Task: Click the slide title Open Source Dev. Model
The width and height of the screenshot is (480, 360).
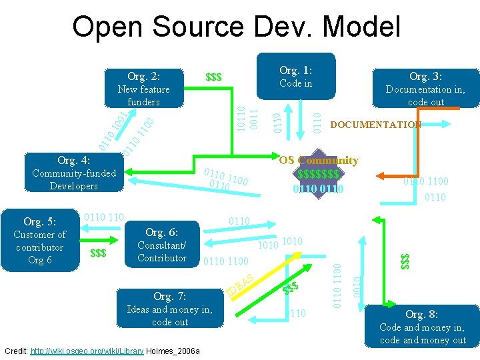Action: [237, 27]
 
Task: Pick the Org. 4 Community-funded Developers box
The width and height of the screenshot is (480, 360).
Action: [74, 173]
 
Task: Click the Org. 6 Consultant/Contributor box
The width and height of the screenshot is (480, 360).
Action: [162, 245]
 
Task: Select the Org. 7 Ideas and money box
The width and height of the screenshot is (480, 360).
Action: [170, 309]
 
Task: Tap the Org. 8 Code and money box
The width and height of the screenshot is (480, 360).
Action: [422, 326]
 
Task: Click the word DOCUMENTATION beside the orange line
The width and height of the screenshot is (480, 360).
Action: [376, 125]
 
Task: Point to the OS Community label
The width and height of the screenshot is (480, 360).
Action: [319, 160]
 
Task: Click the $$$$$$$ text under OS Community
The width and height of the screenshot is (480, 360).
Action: [318, 174]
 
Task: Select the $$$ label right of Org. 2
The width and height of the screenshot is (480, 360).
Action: [213, 78]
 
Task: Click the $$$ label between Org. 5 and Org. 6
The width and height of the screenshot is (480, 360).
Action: [98, 253]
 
